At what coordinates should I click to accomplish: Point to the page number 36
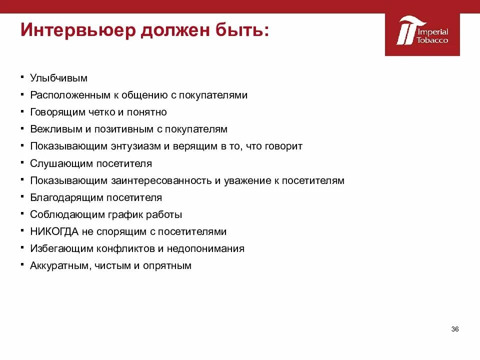pyautogui.click(x=454, y=329)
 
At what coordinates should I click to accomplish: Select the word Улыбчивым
pyautogui.click(x=58, y=78)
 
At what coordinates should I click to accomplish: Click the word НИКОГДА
pyautogui.click(x=53, y=231)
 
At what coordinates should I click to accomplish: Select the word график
pyautogui.click(x=118, y=214)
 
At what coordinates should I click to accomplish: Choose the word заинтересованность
pyautogui.click(x=173, y=180)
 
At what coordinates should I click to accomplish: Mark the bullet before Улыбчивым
pyautogui.click(x=23, y=77)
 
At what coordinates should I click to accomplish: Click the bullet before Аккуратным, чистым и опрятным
pyautogui.click(x=23, y=264)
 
